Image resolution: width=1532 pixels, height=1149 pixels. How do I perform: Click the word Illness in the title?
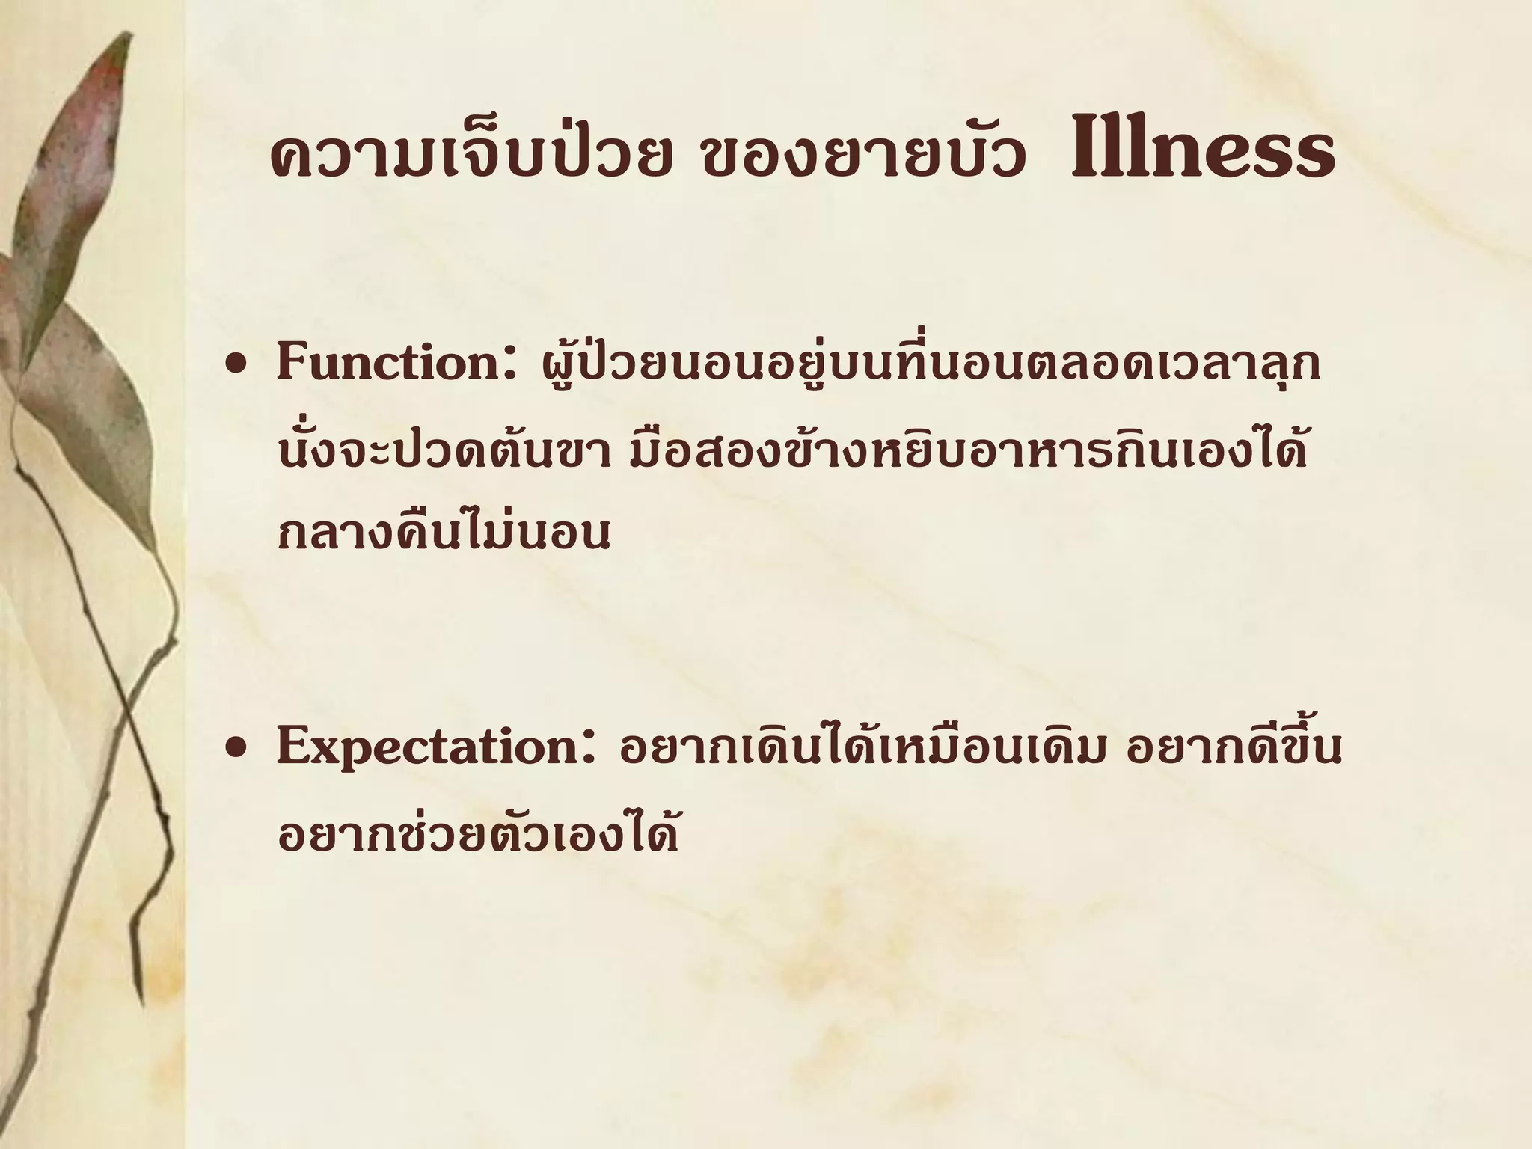click(1203, 154)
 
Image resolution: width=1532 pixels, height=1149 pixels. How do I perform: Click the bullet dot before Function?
click(238, 367)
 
